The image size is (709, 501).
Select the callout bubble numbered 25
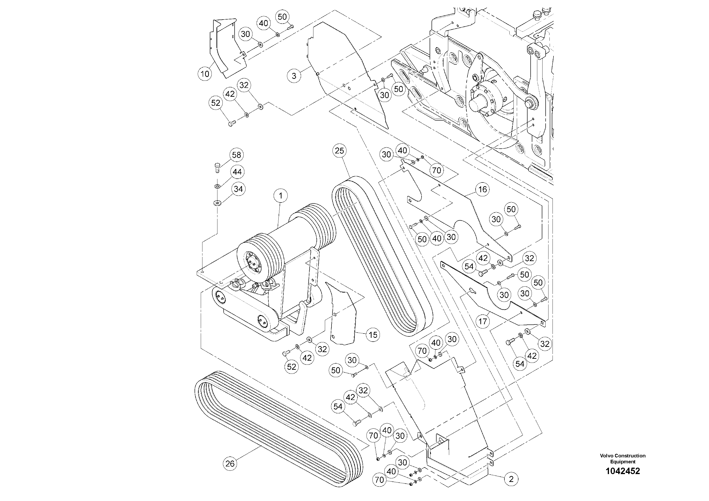pyautogui.click(x=339, y=151)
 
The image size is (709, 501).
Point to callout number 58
pyautogui.click(x=236, y=155)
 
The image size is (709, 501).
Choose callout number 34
pyautogui.click(x=238, y=189)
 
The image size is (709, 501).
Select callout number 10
pyautogui.click(x=205, y=74)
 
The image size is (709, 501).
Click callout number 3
pyautogui.click(x=294, y=76)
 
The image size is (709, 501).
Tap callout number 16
pyautogui.click(x=482, y=189)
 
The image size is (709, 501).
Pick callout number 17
pyautogui.click(x=483, y=322)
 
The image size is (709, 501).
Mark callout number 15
pyautogui.click(x=373, y=335)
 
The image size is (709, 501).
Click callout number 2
pyautogui.click(x=511, y=479)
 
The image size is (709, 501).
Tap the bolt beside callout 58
pyautogui.click(x=217, y=168)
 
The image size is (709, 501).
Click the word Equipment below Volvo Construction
pyautogui.click(x=623, y=462)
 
